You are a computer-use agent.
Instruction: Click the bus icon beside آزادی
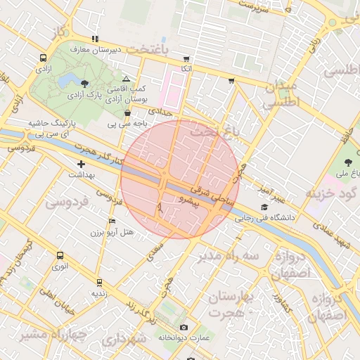pos(44,58)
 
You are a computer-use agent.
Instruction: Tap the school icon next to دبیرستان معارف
pos(94,39)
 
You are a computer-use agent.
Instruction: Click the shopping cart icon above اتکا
pos(186,59)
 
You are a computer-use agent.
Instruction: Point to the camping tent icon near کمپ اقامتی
pos(126,79)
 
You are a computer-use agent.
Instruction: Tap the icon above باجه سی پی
pos(127,113)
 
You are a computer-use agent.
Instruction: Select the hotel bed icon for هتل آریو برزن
pos(112,221)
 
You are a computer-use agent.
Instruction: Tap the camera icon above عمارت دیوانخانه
pos(184,327)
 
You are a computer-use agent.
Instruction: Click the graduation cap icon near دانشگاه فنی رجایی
pos(264,207)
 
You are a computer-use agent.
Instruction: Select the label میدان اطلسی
pos(281,95)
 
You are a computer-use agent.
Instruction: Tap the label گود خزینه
pos(331,193)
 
